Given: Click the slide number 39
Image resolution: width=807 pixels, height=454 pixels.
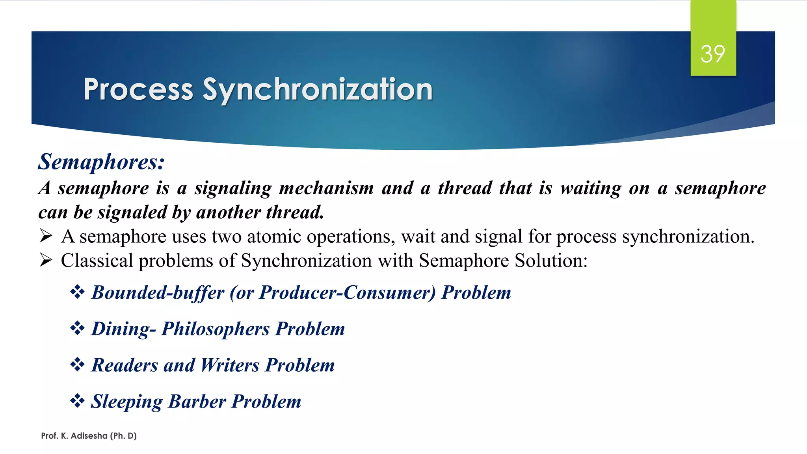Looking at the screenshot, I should (712, 54).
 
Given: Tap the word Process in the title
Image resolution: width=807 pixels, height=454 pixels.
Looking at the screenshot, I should (138, 90).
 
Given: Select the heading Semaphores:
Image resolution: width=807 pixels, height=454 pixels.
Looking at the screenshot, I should (101, 162).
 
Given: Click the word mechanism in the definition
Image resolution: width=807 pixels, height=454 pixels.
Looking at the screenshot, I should (327, 188).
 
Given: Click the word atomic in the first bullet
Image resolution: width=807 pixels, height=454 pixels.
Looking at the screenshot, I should (274, 236).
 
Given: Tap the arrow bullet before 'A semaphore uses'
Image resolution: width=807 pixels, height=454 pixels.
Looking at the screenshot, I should (46, 236).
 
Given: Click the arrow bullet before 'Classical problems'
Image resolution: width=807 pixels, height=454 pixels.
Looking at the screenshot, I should (46, 260).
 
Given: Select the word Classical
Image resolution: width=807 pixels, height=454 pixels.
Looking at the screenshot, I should (97, 260).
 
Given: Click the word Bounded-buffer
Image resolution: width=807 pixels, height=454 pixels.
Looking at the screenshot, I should (158, 293).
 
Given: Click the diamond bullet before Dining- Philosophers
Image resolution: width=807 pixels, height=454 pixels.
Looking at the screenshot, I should (77, 328).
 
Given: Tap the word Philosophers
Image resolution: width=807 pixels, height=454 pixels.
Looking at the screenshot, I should (216, 329).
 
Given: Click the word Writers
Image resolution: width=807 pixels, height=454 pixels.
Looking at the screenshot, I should (230, 365).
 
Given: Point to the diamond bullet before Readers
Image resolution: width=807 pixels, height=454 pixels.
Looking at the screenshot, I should (77, 365).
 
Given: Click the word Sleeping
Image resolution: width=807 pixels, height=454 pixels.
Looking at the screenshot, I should (126, 402).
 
